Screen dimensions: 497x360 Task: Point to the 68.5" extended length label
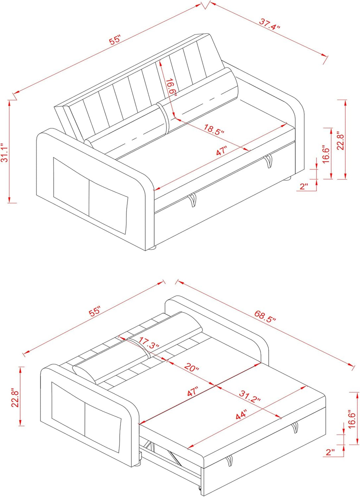(265, 316)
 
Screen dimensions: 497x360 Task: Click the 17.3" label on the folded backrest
(149, 343)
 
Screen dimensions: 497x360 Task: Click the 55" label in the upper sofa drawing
(115, 40)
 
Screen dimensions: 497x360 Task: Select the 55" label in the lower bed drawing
(95, 312)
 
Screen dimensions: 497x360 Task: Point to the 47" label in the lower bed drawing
(193, 392)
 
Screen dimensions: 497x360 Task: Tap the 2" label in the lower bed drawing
(330, 452)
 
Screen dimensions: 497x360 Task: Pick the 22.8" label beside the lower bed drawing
(15, 398)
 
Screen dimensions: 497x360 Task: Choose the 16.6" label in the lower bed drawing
(352, 419)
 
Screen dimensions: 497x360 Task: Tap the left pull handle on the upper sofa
(192, 200)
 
